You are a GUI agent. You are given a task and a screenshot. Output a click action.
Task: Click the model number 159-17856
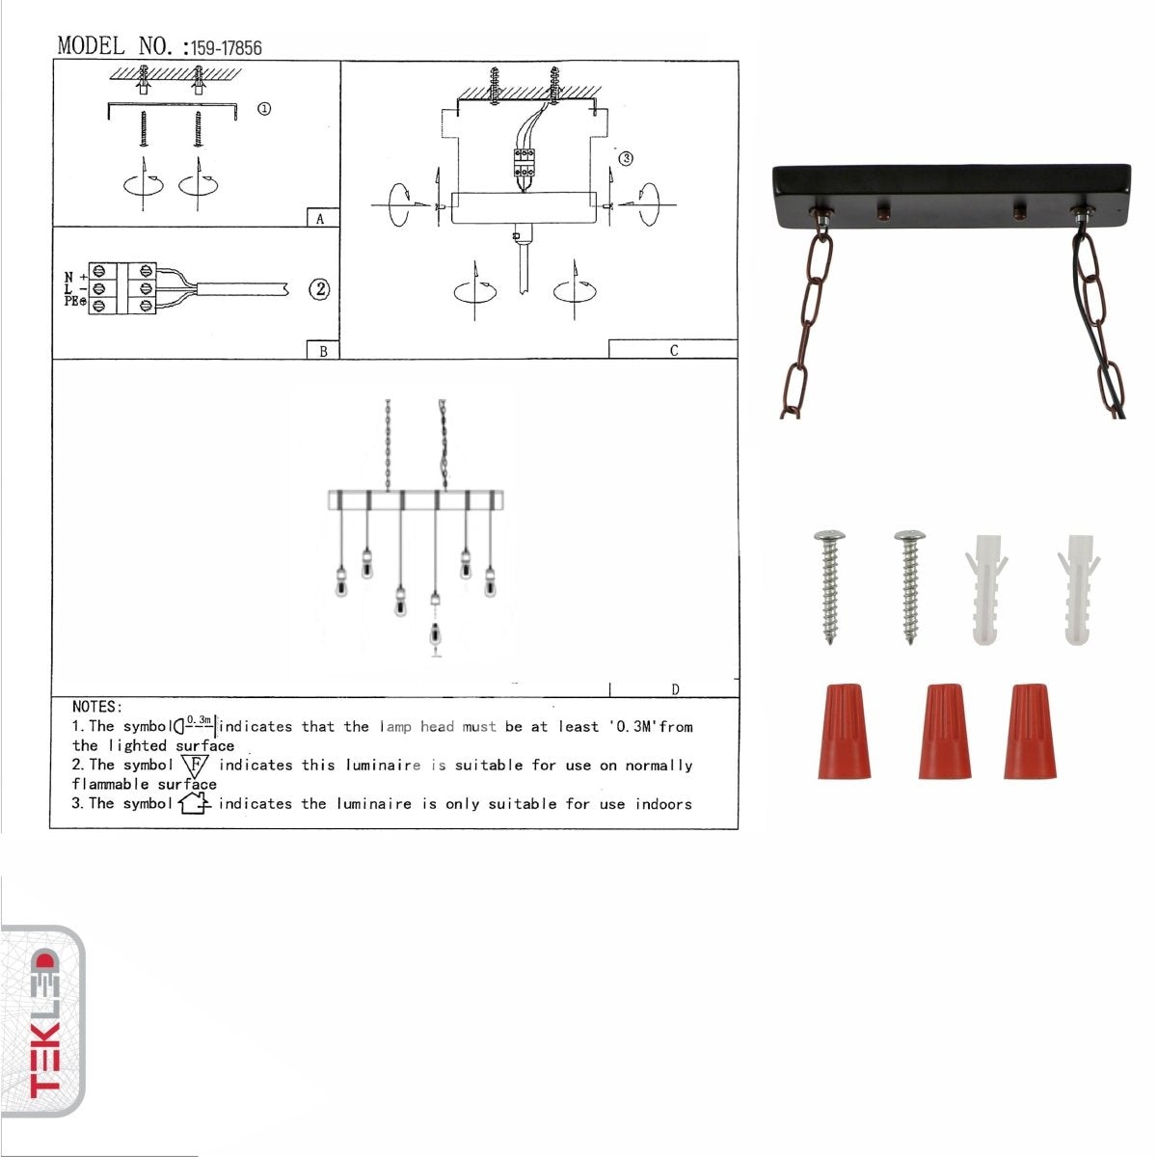point(227,48)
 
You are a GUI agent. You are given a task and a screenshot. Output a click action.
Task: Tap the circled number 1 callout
point(264,109)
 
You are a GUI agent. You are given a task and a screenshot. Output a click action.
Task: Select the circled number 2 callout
point(319,289)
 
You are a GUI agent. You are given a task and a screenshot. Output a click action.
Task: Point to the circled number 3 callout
point(626,158)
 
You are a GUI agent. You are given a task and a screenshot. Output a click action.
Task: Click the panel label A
point(320,219)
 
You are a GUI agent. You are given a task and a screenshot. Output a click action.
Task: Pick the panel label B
point(324,351)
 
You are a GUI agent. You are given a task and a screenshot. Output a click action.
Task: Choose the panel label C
point(674,351)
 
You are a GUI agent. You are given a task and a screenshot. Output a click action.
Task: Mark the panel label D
point(676,689)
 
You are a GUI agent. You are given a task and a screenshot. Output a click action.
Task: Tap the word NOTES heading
point(97,707)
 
